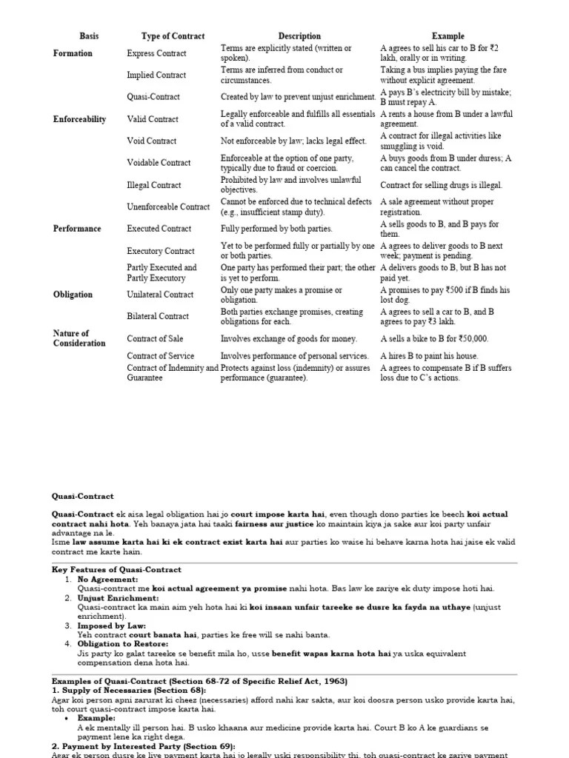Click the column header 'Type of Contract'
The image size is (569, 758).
(173, 36)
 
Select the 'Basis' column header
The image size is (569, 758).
(89, 36)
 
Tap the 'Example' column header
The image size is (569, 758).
(447, 36)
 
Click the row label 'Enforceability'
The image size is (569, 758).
(79, 119)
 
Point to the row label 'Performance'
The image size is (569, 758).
(76, 229)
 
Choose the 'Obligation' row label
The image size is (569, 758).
(73, 295)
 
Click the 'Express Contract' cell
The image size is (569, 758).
(156, 53)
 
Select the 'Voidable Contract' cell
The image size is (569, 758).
(159, 163)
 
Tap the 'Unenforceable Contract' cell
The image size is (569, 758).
(168, 207)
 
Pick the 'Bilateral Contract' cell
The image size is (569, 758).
(158, 317)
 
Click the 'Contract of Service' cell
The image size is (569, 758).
(161, 356)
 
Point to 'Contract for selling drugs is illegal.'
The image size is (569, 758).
(441, 185)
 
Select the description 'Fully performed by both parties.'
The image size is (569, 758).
(276, 229)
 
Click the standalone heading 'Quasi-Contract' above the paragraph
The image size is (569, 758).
(82, 497)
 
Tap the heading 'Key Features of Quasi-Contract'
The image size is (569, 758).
(116, 570)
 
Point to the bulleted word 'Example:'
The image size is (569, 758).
(96, 718)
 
